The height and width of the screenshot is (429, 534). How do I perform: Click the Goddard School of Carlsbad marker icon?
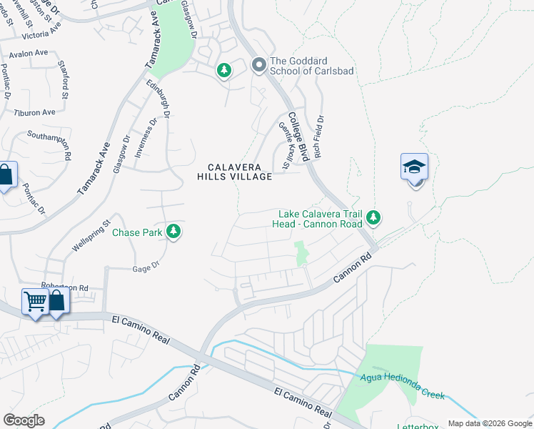click(x=258, y=65)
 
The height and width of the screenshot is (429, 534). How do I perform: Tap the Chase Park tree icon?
click(x=173, y=231)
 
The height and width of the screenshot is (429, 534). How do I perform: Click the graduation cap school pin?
click(x=414, y=167)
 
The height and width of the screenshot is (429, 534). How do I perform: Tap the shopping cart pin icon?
click(x=34, y=300)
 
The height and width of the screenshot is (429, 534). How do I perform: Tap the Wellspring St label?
click(x=91, y=235)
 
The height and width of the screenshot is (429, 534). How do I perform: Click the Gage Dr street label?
click(x=144, y=269)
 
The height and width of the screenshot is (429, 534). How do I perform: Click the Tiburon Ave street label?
click(x=35, y=113)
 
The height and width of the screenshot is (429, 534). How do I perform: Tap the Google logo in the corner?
click(x=24, y=420)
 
